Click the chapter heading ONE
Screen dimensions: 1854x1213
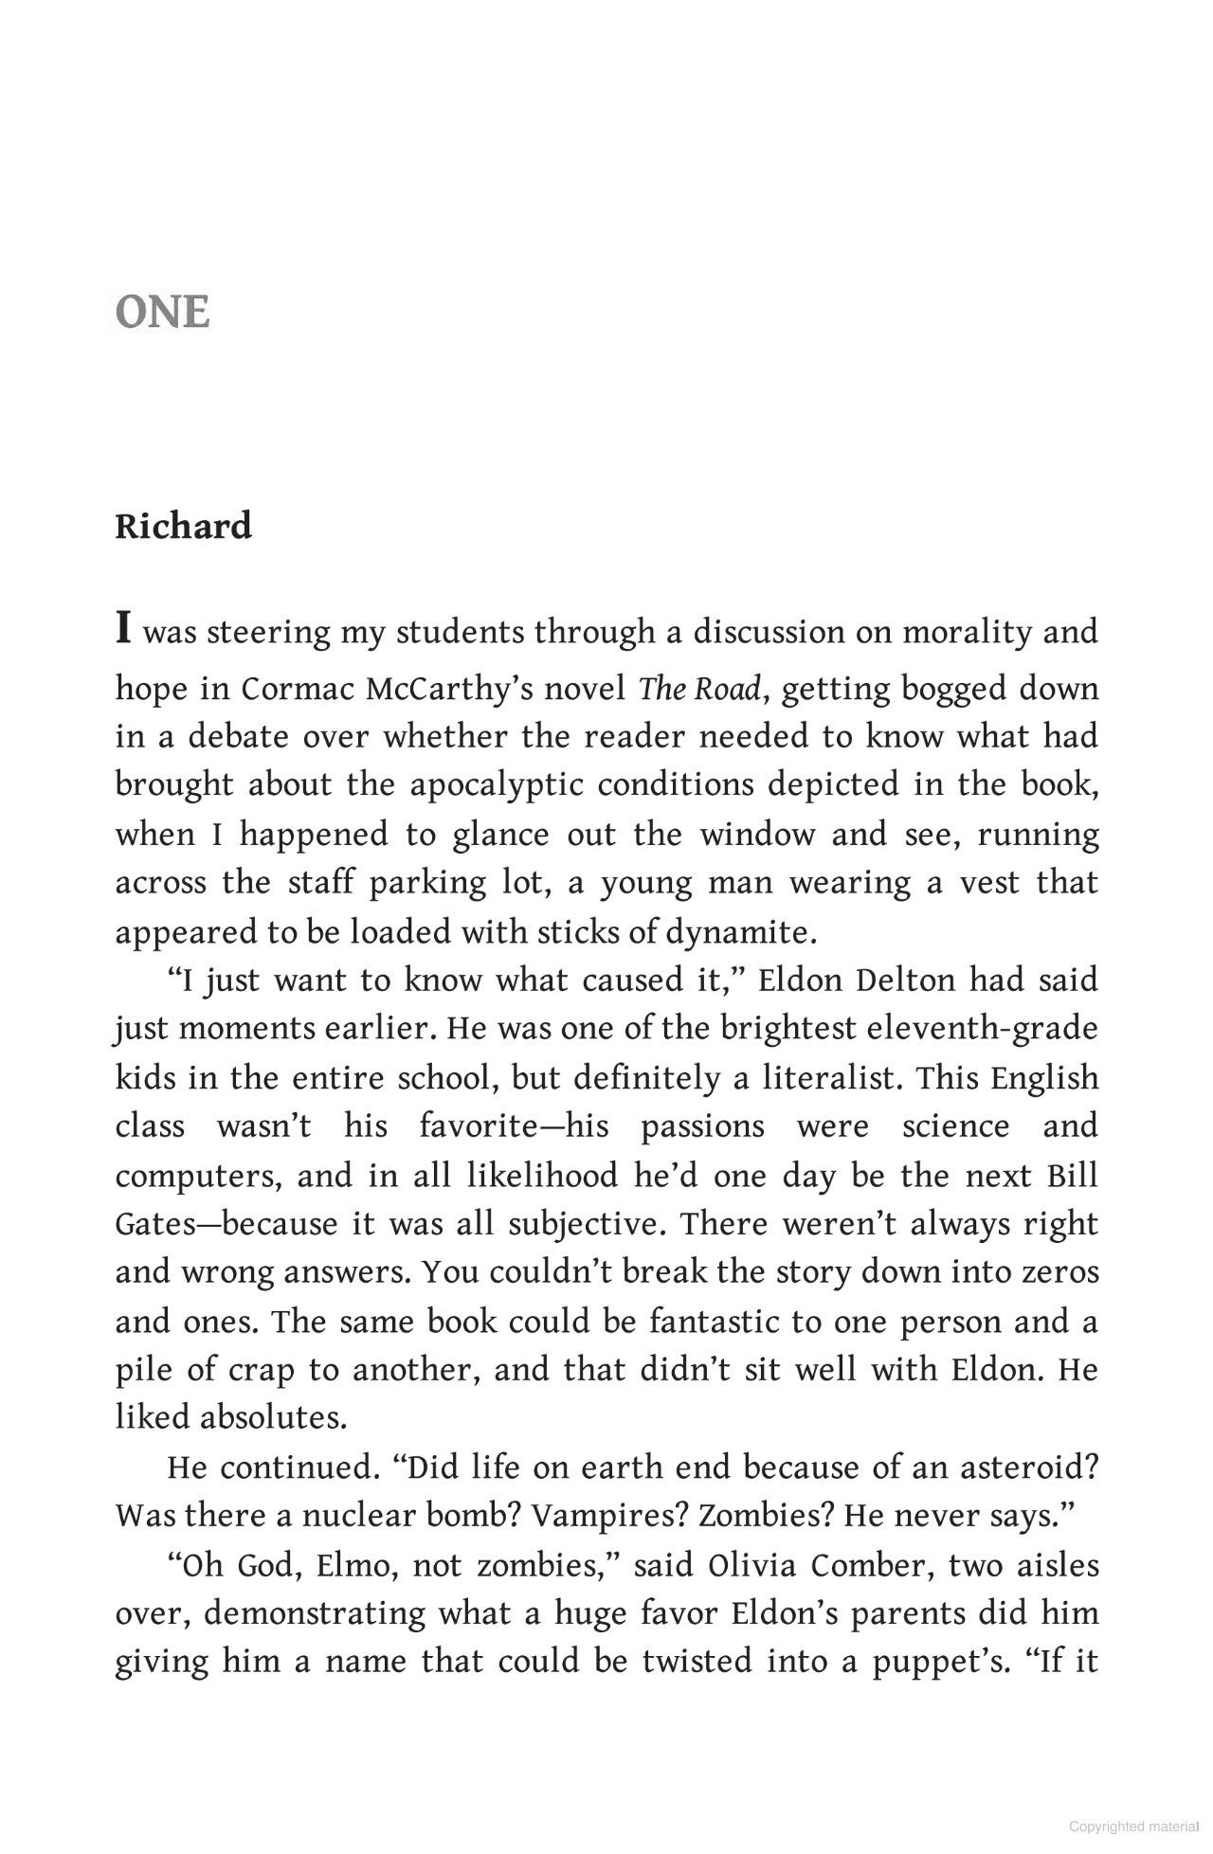[162, 313]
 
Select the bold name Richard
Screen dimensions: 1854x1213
[183, 526]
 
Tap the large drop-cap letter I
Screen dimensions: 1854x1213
[123, 628]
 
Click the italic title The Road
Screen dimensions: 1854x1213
[699, 689]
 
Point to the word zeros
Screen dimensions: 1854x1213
[1060, 1272]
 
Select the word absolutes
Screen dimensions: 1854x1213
[273, 1418]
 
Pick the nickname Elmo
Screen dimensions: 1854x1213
[352, 1565]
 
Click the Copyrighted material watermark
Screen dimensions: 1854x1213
[1133, 1827]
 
